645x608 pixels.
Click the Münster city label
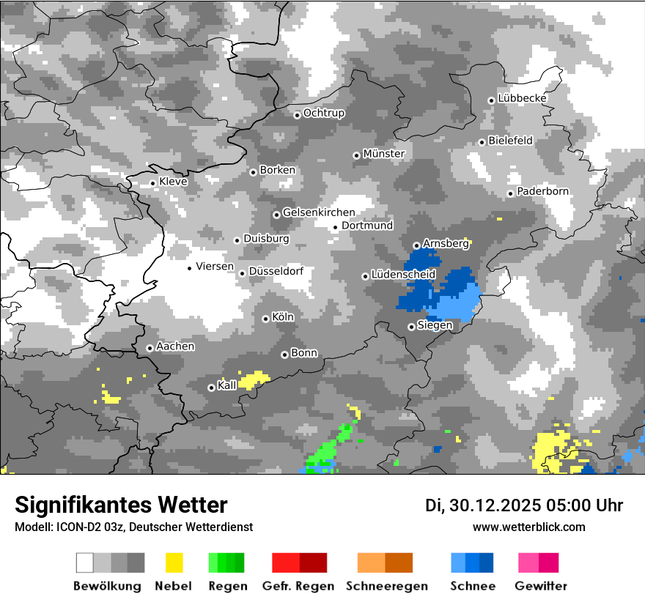(383, 154)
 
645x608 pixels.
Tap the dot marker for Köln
(265, 319)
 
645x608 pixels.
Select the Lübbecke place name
(522, 98)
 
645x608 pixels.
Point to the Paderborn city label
(542, 191)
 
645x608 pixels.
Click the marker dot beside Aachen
(150, 348)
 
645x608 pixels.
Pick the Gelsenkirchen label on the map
(319, 212)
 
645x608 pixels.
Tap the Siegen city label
(435, 325)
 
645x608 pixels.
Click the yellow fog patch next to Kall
(253, 379)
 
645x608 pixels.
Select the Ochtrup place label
(323, 113)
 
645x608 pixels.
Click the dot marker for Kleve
(152, 183)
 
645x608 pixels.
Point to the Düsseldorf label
(276, 271)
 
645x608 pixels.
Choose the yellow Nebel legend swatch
(174, 563)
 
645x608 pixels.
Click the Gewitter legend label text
(540, 586)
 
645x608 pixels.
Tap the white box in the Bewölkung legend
(85, 563)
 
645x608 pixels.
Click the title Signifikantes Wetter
(121, 505)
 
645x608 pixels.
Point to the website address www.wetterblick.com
(528, 527)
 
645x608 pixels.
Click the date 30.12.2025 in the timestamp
(492, 505)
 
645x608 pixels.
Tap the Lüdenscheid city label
(403, 275)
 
